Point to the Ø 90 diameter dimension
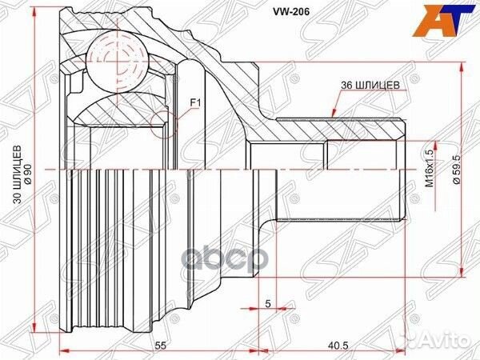pyautogui.click(x=28, y=170)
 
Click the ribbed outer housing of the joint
pyautogui.click(x=104, y=240)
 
